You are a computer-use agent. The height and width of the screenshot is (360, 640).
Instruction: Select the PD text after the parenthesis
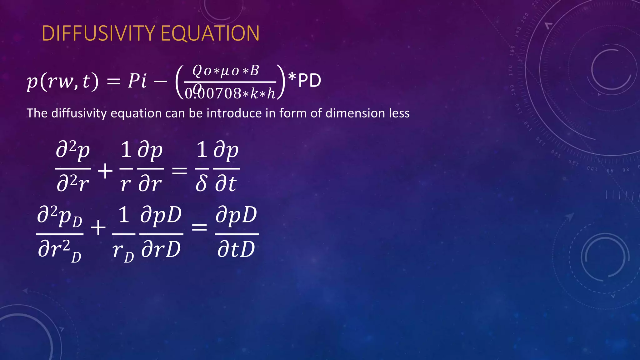tap(309, 81)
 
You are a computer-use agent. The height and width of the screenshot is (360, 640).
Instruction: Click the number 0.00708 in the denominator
tap(212, 93)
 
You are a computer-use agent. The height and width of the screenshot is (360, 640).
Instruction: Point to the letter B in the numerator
tap(254, 71)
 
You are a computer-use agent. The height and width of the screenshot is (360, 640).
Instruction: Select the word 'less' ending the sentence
tap(399, 113)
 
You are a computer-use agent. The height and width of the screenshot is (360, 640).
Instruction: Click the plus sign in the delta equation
tap(105, 171)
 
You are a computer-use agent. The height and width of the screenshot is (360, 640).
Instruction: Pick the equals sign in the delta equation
tap(179, 171)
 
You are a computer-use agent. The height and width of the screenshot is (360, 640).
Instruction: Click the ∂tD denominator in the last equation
tap(236, 249)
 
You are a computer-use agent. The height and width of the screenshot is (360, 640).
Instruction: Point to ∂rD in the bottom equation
tap(161, 249)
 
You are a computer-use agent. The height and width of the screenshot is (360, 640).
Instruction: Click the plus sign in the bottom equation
tap(98, 227)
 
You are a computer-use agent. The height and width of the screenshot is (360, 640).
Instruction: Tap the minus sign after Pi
tap(160, 82)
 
